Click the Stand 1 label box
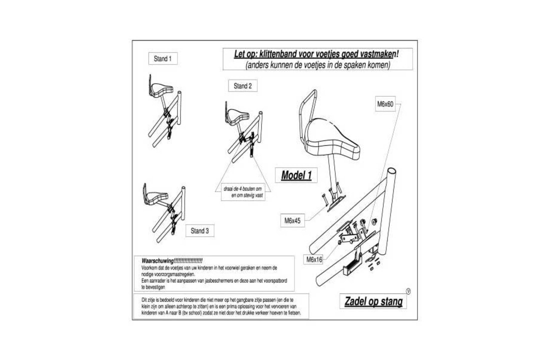pos(162,59)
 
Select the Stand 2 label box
pos(242,86)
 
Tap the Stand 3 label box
pos(199,231)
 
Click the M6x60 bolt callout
pos(385,104)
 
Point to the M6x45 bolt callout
pos(292,220)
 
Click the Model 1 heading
pos(296,175)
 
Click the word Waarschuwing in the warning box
pos(157,261)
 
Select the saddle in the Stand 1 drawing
pos(162,90)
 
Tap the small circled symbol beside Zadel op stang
pos(408,291)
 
